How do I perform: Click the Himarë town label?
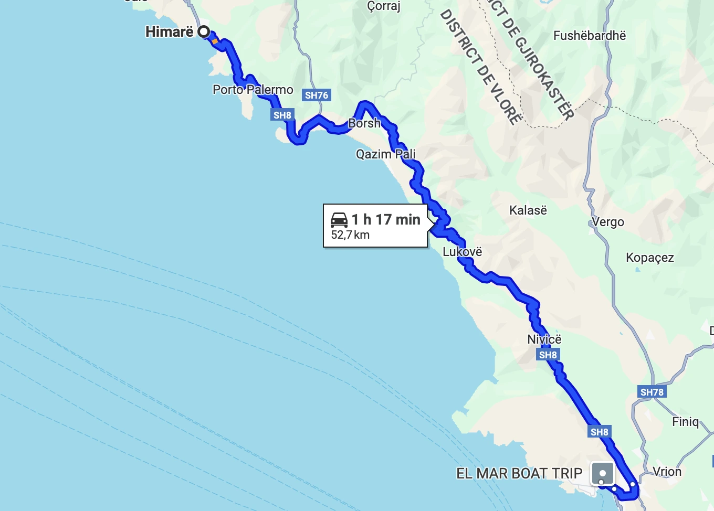[x=169, y=32]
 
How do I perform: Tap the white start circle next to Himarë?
[x=203, y=32]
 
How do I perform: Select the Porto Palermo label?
[x=253, y=90]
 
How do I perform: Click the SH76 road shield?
[x=317, y=95]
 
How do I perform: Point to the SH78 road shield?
[x=652, y=392]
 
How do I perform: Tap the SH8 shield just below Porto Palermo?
[x=282, y=115]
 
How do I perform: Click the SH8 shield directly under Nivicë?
[x=548, y=355]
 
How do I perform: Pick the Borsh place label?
[x=364, y=123]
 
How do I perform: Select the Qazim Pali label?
[x=385, y=154]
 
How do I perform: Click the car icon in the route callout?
[x=339, y=219]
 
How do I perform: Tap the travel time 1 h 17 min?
[x=386, y=219]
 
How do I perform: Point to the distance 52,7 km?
[x=350, y=235]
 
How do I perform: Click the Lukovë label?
[x=462, y=252]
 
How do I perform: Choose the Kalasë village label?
[x=528, y=210]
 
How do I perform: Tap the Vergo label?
[x=608, y=222]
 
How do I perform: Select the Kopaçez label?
[x=649, y=258]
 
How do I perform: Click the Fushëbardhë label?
[x=590, y=36]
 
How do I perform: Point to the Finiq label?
[x=685, y=422]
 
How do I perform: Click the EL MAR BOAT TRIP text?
[x=519, y=473]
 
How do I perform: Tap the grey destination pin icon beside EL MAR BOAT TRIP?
[x=602, y=473]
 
